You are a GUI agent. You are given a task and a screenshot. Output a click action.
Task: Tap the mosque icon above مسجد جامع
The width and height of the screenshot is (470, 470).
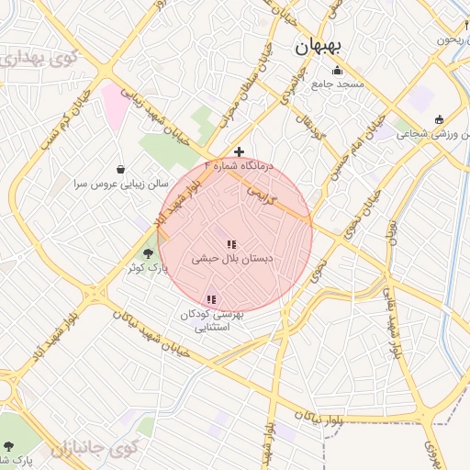click(x=337, y=71)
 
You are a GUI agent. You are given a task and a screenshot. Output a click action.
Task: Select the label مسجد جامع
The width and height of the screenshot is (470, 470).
click(x=338, y=84)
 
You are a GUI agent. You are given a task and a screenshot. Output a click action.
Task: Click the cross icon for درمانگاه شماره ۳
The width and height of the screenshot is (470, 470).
click(x=240, y=151)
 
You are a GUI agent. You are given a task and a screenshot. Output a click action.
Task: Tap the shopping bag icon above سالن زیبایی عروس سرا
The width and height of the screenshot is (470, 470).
click(x=121, y=169)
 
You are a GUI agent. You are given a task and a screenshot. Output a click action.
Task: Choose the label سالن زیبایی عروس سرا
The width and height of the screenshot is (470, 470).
click(x=115, y=184)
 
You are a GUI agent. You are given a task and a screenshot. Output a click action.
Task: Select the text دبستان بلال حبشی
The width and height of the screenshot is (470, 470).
click(x=232, y=260)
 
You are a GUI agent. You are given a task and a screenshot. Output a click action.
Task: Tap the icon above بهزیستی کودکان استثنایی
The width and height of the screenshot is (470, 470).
click(x=212, y=298)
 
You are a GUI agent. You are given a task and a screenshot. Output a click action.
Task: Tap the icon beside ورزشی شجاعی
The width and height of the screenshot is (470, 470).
click(x=439, y=119)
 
